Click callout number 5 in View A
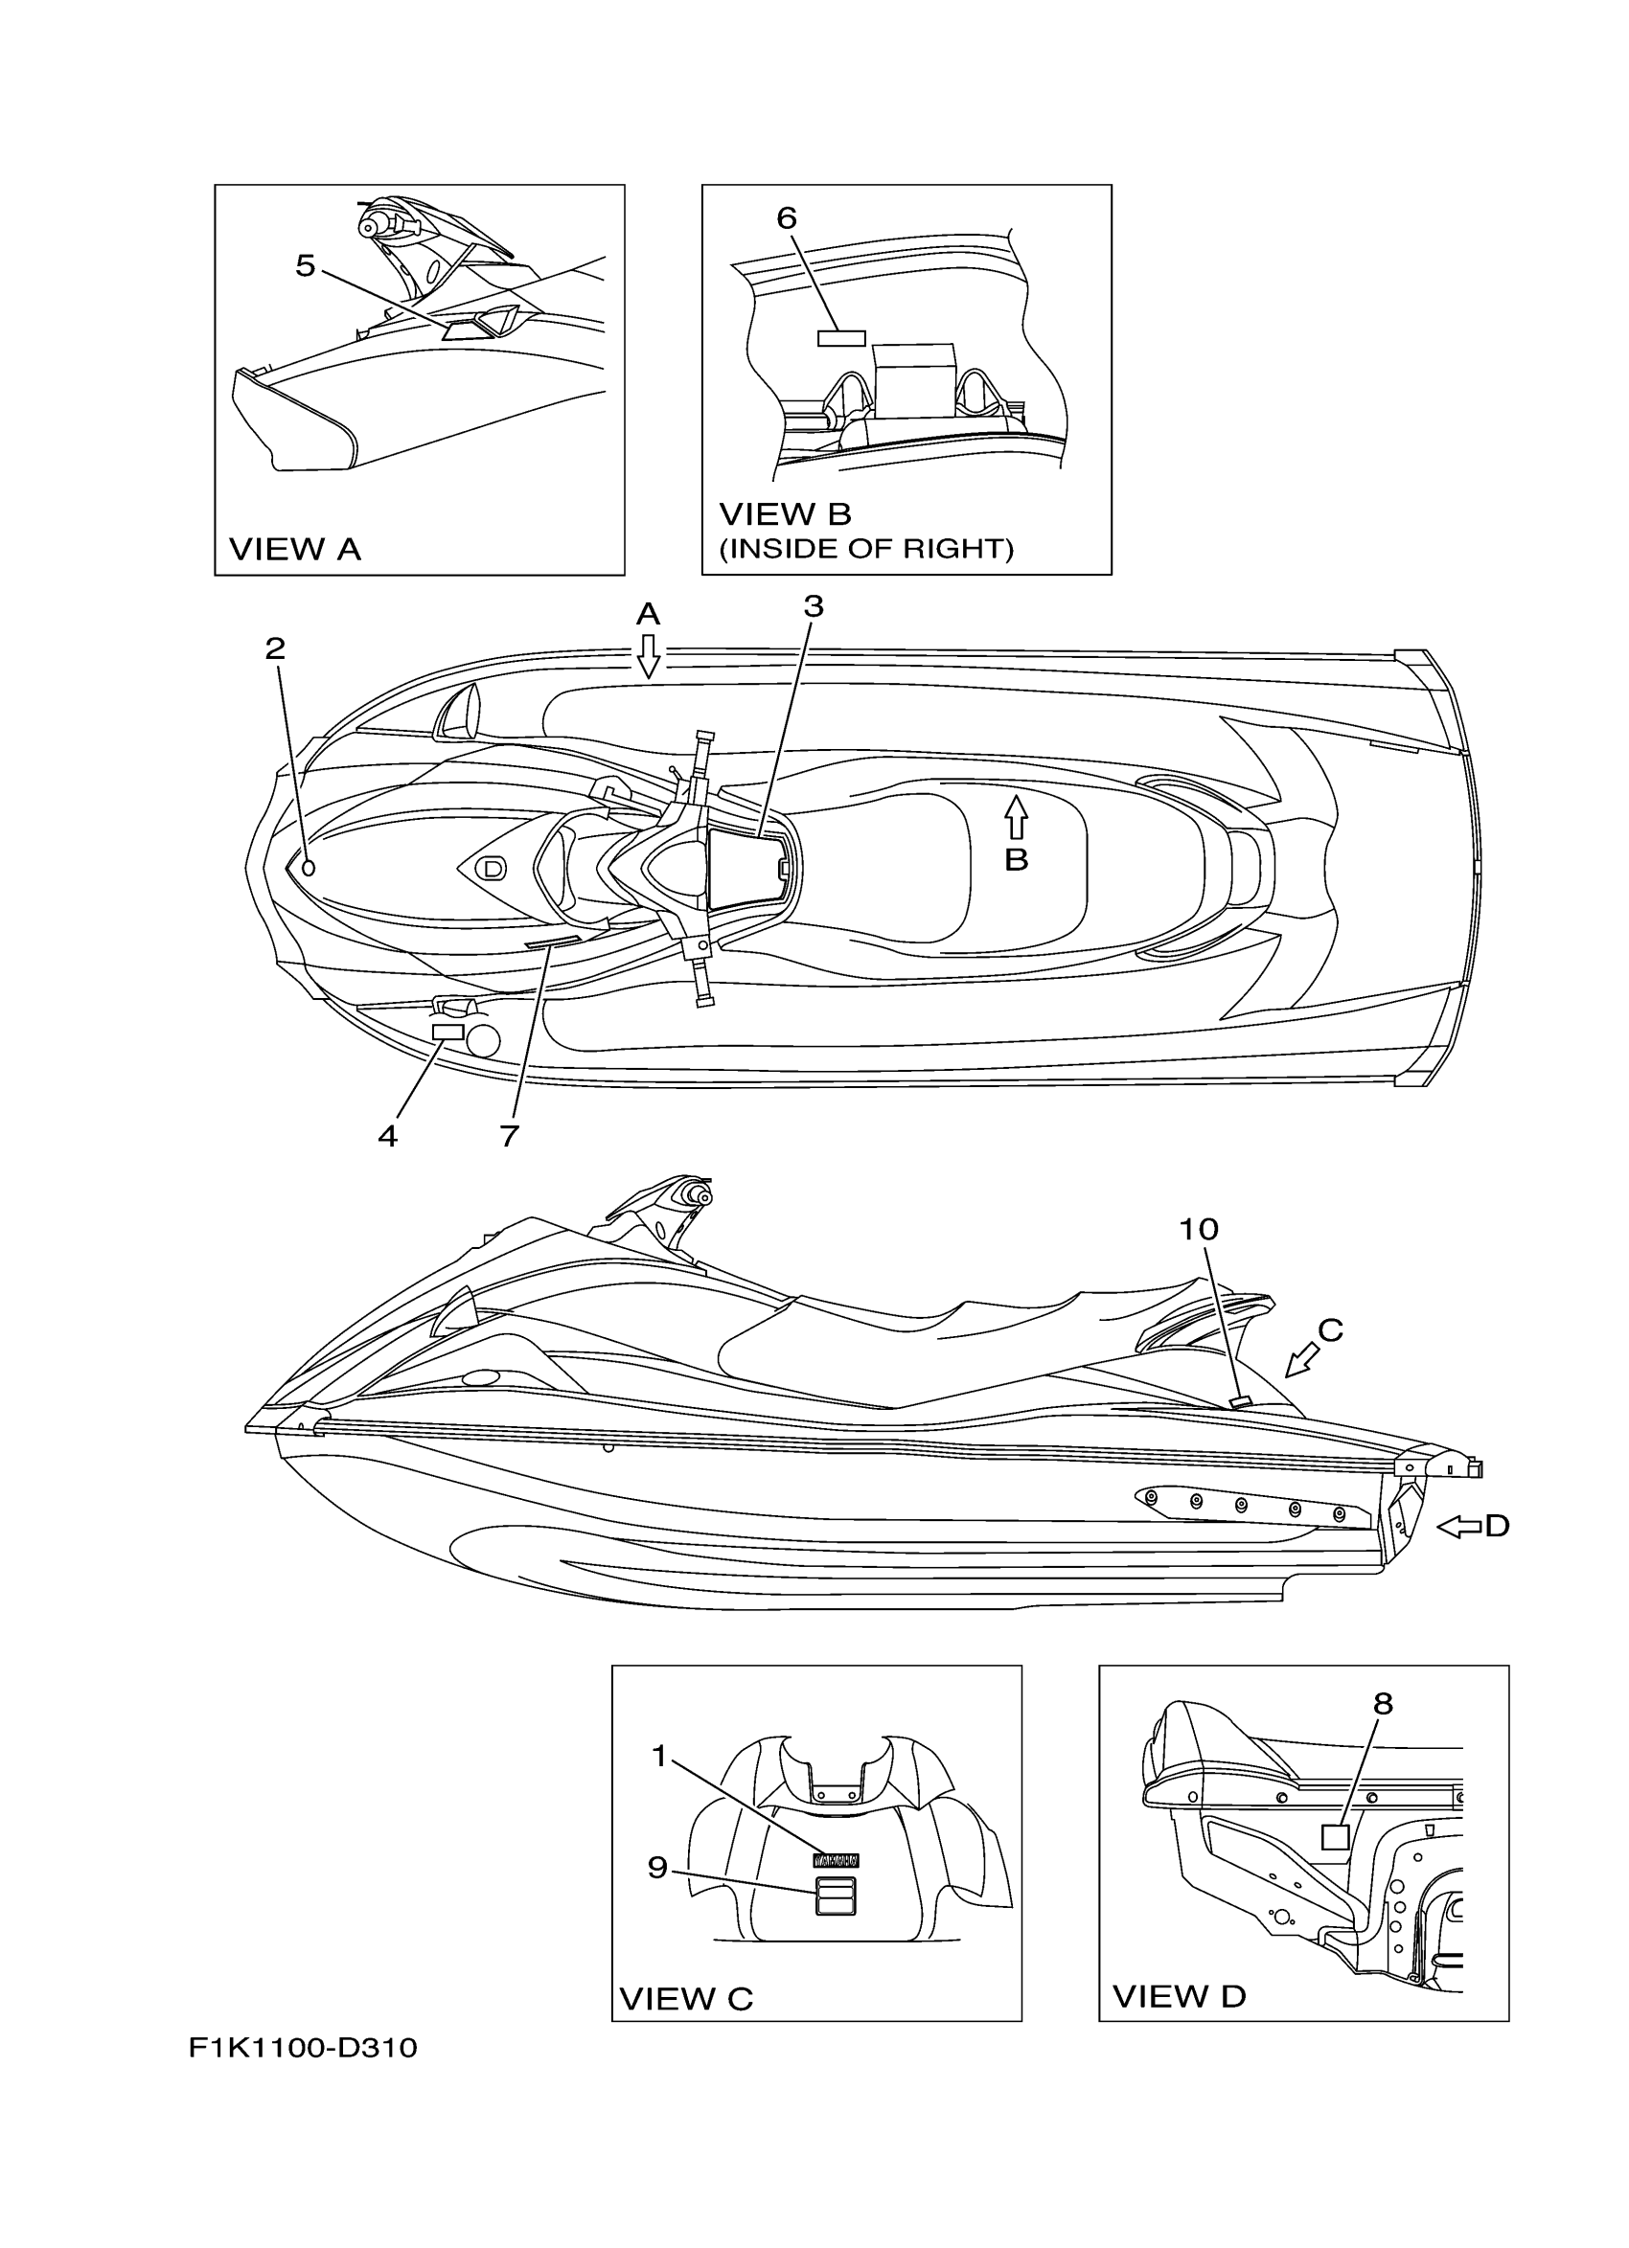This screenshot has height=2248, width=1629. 306,265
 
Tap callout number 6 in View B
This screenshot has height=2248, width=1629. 787,218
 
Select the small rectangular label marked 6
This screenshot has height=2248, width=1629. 840,338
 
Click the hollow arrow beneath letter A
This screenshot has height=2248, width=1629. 649,656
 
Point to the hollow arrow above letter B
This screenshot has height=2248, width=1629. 1016,819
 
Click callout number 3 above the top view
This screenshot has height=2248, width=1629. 813,606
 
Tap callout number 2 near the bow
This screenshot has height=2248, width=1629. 275,648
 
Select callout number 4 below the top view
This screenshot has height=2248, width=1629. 388,1136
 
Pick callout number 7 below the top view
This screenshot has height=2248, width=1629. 510,1136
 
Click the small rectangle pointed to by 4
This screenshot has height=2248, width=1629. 449,1032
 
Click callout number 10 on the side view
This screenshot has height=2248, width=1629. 1198,1229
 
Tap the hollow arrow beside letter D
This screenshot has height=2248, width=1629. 1457,1528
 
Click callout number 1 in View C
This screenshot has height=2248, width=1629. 659,1757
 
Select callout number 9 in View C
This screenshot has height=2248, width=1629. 657,1868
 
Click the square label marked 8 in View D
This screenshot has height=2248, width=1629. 1336,1836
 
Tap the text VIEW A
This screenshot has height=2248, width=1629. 294,549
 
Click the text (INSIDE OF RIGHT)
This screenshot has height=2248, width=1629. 865,548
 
